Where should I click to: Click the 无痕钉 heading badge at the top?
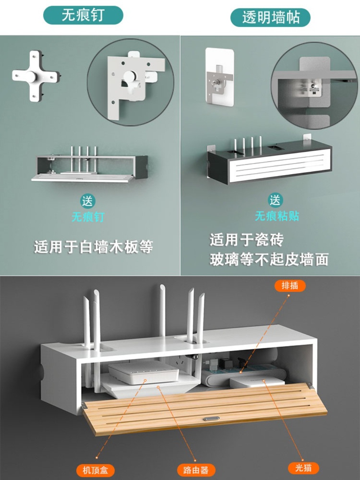tap(83, 15)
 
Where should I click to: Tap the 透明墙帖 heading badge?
tap(270, 18)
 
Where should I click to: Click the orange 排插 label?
tap(290, 286)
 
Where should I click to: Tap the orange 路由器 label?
tap(196, 470)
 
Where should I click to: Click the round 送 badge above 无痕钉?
tap(87, 201)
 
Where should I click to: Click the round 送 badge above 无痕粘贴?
tap(275, 200)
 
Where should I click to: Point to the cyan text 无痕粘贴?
tap(277, 216)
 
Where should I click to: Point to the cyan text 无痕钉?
tap(88, 217)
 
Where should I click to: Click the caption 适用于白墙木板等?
tap(93, 247)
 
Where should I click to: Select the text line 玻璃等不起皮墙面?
tap(269, 259)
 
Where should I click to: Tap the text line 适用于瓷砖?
tap(247, 239)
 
